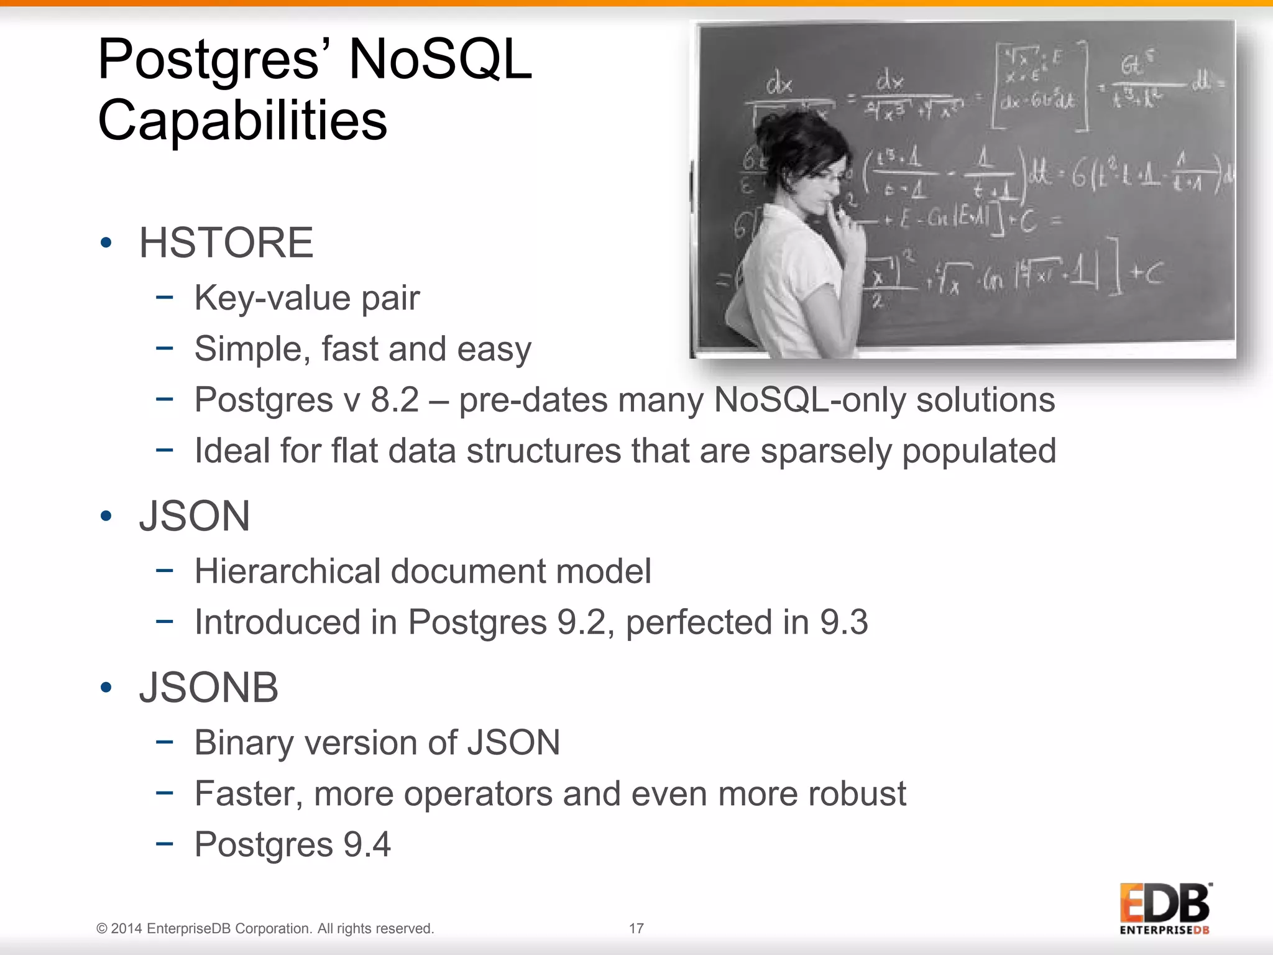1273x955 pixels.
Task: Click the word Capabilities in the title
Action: (x=242, y=120)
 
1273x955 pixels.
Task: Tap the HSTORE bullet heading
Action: (x=226, y=242)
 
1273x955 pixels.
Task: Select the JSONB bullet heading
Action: (x=208, y=688)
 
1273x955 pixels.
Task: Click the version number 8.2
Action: (x=395, y=400)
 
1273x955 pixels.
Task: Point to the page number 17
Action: (x=636, y=928)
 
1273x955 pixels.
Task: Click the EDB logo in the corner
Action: (x=1165, y=908)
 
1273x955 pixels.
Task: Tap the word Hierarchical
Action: (x=287, y=571)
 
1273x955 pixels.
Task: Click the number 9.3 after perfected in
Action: (x=843, y=622)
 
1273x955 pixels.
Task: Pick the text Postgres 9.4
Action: (x=292, y=844)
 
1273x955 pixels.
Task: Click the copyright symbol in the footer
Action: (x=102, y=929)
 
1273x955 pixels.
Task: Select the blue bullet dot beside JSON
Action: (x=106, y=516)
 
